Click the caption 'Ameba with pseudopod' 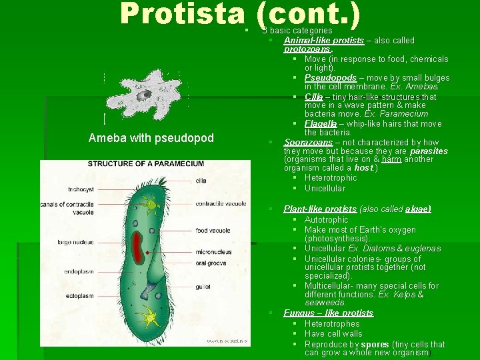(x=151, y=138)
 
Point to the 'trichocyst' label (x=81, y=189)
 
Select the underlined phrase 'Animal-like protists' (x=324, y=40)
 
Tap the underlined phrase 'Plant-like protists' (x=320, y=209)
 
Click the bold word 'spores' (x=375, y=344)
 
